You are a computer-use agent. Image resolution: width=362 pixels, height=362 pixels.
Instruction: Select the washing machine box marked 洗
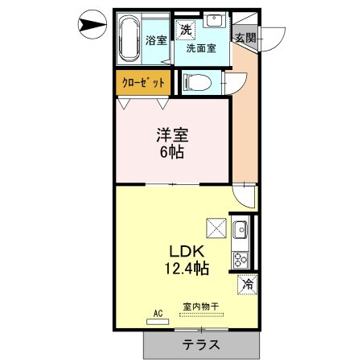click(187, 30)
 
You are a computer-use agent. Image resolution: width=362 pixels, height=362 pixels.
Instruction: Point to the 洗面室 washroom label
click(201, 48)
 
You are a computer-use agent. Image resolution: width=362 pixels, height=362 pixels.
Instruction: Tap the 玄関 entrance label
click(245, 37)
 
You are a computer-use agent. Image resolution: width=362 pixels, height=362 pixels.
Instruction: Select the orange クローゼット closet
click(144, 83)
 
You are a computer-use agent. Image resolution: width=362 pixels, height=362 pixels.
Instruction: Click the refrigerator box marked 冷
click(247, 283)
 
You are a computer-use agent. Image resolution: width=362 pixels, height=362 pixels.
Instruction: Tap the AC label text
click(158, 313)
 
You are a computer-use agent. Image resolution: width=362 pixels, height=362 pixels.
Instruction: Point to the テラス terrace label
click(203, 344)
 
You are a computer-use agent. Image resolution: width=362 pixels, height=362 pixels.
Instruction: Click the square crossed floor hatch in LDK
click(216, 228)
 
